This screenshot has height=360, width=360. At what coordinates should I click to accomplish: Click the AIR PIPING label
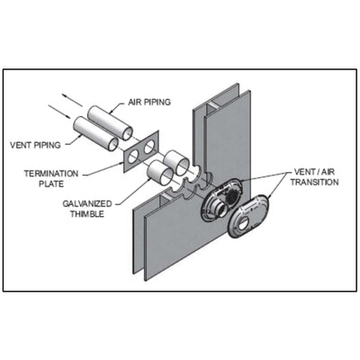click(x=149, y=102)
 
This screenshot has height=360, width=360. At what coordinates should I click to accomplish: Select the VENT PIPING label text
click(x=35, y=145)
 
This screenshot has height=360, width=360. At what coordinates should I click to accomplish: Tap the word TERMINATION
click(x=51, y=174)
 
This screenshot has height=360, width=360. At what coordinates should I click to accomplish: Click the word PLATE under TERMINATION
click(x=51, y=184)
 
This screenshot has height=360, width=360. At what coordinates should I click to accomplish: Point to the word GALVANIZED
click(x=87, y=203)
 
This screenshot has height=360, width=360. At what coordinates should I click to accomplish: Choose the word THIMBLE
click(x=87, y=214)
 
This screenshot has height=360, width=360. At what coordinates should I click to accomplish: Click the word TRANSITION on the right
click(x=314, y=182)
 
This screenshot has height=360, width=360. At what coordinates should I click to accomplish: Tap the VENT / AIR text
click(x=314, y=172)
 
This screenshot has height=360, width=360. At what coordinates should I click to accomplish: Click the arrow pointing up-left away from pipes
click(x=72, y=100)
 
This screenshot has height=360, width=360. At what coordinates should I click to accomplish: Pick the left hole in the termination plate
click(x=134, y=156)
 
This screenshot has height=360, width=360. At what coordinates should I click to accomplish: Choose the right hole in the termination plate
click(x=148, y=147)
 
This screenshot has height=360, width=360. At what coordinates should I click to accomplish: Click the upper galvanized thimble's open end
click(x=183, y=166)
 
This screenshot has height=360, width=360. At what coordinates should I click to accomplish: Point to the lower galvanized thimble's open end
click(x=166, y=176)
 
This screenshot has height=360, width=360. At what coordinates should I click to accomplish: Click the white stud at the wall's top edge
click(x=212, y=104)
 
